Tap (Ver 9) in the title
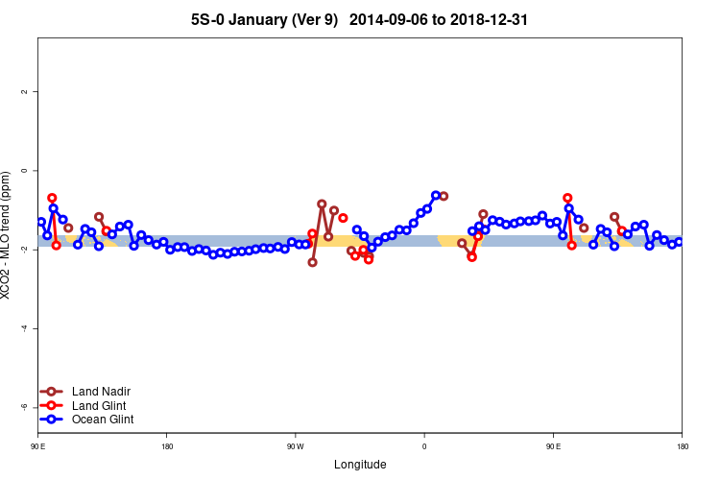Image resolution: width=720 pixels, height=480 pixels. pos(320,19)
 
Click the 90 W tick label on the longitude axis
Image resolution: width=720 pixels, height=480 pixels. pos(295,446)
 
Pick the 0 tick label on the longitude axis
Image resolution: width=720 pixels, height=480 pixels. pos(424,446)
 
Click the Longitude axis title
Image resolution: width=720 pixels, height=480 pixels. pos(360,465)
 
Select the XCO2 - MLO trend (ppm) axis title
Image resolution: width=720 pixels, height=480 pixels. pos(8,235)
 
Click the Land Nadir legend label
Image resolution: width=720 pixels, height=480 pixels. pos(101,392)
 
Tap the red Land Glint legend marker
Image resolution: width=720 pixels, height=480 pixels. pos(53,405)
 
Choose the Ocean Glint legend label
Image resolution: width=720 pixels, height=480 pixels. pos(103,420)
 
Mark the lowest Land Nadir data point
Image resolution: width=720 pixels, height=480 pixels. pos(312,262)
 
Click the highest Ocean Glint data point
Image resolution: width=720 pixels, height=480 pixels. pos(436,195)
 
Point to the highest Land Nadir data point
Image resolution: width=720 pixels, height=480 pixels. pos(322,204)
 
